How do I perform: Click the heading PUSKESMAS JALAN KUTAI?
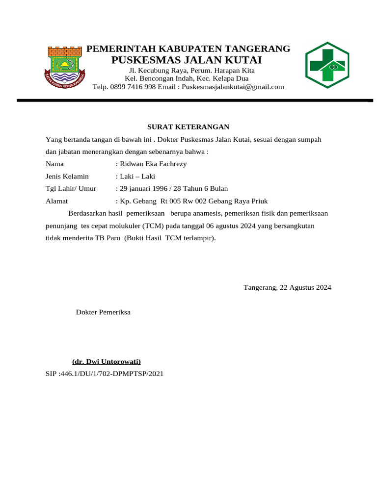click(x=187, y=60)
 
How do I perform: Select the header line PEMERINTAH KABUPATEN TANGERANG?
click(x=188, y=49)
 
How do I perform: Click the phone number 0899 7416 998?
click(x=132, y=87)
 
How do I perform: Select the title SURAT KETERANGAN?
click(x=189, y=127)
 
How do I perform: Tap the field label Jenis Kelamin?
click(x=67, y=176)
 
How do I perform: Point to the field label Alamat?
click(x=56, y=201)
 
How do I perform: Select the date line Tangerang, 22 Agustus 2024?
click(x=287, y=287)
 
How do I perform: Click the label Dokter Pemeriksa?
click(x=103, y=312)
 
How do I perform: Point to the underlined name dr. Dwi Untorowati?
click(x=107, y=362)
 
